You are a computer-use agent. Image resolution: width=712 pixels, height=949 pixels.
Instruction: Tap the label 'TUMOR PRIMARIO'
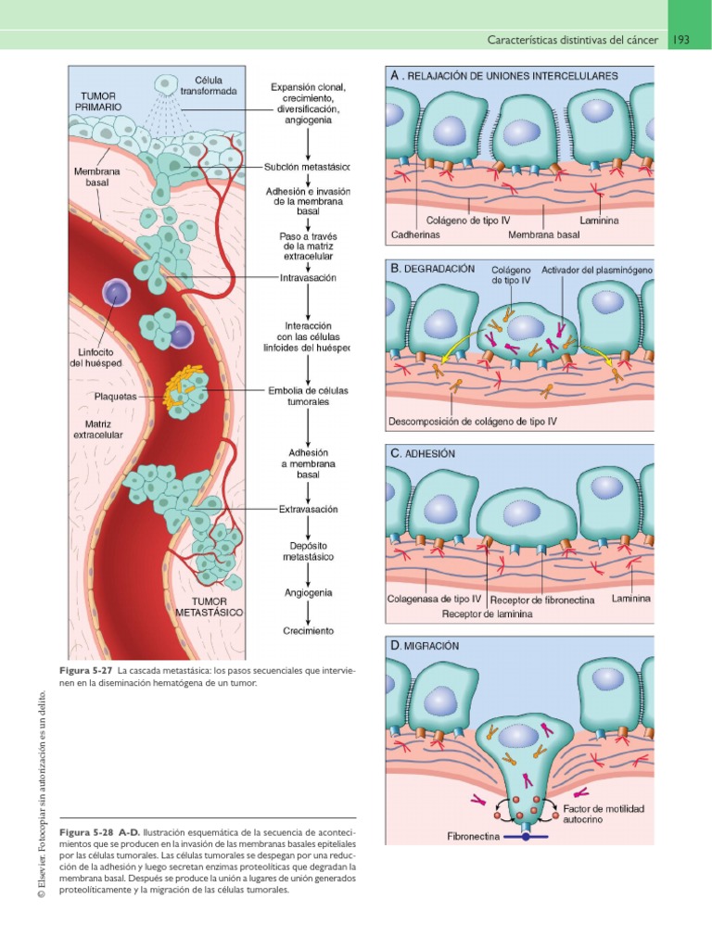(x=99, y=102)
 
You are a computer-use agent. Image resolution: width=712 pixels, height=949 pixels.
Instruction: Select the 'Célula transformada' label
(x=215, y=85)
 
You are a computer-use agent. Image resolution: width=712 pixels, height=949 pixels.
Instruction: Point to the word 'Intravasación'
(x=308, y=277)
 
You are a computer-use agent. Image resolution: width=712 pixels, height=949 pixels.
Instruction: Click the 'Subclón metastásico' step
(x=307, y=167)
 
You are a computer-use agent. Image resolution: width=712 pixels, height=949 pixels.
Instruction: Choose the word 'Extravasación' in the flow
(x=308, y=509)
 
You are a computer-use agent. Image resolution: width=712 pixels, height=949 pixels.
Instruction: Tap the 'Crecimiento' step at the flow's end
(x=308, y=631)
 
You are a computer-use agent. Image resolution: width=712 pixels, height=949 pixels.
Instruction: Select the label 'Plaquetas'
(x=115, y=396)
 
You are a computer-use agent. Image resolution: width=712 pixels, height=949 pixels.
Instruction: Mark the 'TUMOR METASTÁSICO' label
(x=210, y=606)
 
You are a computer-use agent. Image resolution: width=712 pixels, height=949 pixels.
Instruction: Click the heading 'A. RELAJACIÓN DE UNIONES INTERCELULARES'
(x=517, y=75)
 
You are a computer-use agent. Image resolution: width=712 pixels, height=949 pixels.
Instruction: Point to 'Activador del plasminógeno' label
(x=596, y=270)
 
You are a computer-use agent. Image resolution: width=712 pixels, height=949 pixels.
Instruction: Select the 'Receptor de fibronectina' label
(x=542, y=600)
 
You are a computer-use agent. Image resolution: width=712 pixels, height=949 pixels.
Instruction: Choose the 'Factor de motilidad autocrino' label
(x=604, y=815)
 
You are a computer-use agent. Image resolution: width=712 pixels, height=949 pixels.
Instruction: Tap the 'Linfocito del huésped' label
(x=96, y=357)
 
